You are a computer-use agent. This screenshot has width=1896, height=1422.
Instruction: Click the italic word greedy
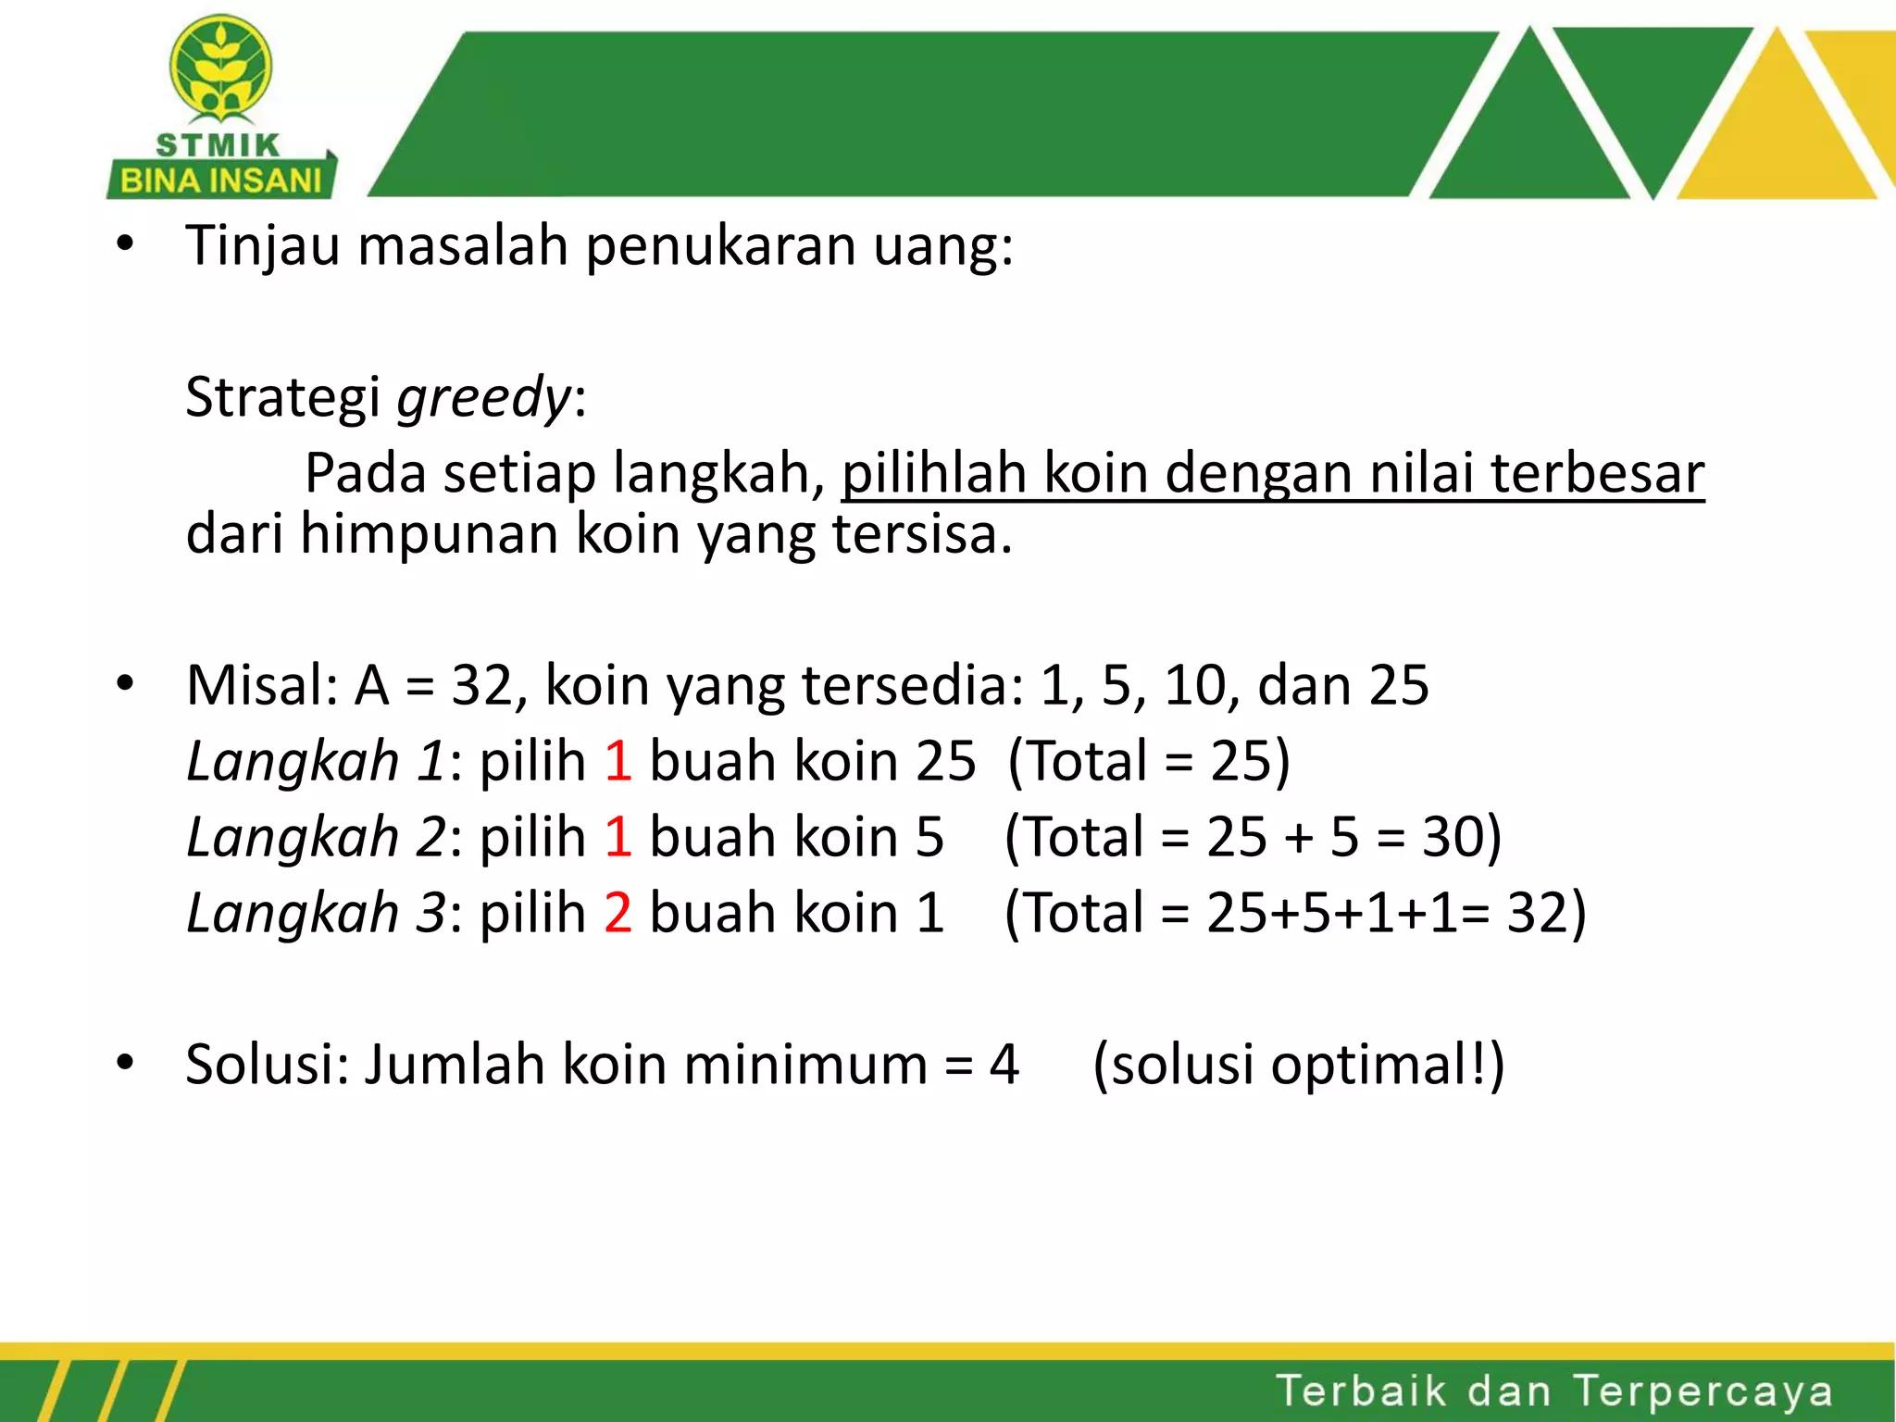tap(484, 398)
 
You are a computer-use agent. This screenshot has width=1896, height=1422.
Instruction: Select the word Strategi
tap(282, 398)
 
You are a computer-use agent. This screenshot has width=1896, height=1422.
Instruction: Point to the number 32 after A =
tap(481, 686)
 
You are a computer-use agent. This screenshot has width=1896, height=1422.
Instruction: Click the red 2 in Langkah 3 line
tap(617, 913)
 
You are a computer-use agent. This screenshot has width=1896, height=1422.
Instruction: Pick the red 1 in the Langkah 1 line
tap(617, 762)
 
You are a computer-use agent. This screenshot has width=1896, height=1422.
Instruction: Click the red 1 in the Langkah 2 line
tap(617, 838)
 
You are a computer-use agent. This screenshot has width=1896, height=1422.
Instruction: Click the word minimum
tap(805, 1065)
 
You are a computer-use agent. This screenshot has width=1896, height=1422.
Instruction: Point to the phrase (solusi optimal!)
tap(1298, 1065)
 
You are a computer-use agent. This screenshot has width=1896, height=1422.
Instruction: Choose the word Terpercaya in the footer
tap(1703, 1391)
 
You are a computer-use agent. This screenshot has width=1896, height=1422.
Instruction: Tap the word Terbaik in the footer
tap(1361, 1391)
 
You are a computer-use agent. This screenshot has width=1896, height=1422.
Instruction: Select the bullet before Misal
tap(125, 685)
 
